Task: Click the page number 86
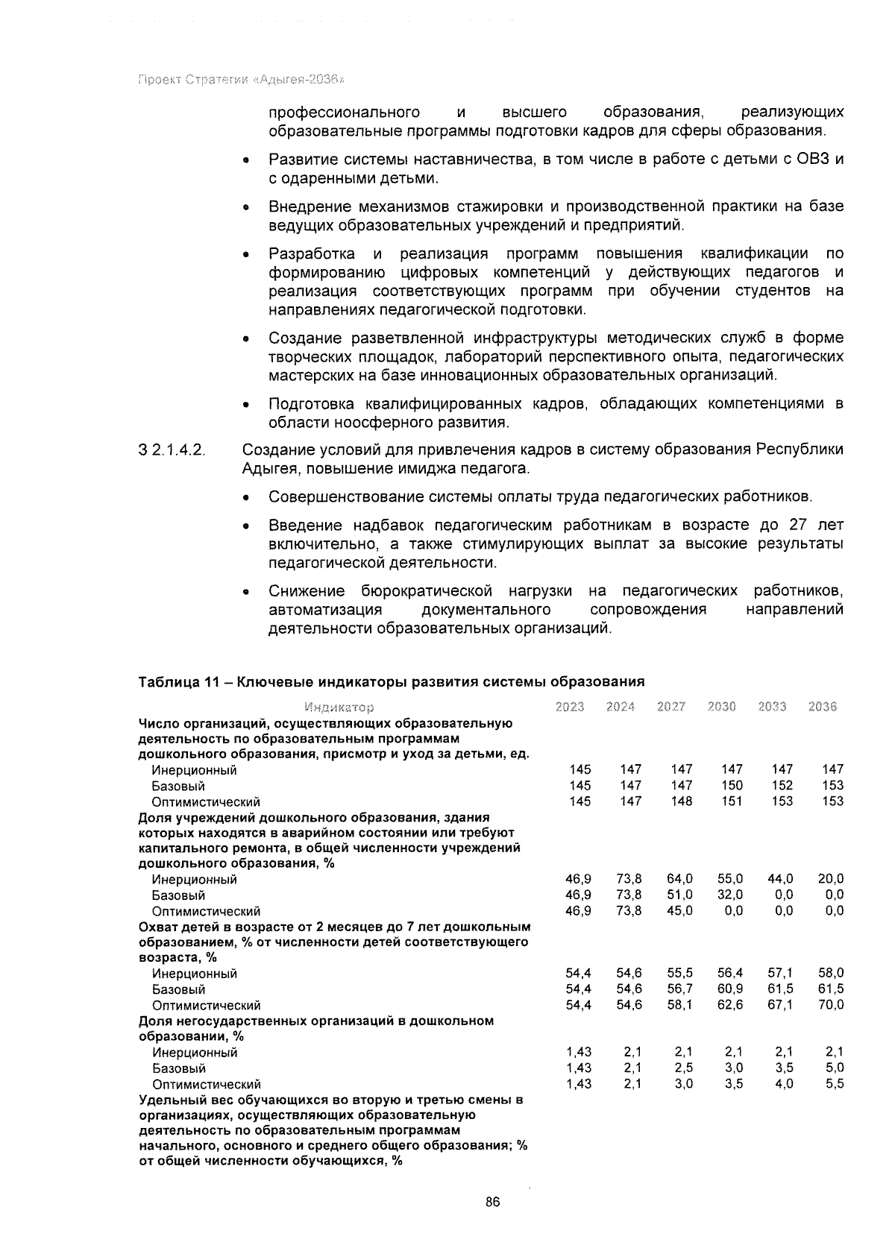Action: tap(492, 1201)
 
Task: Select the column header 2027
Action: tap(671, 707)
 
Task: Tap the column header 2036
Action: tap(823, 707)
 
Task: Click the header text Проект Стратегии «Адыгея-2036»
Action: tap(242, 80)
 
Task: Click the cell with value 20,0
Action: tap(831, 879)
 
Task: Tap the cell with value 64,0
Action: tap(679, 879)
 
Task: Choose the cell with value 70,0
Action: tap(831, 1004)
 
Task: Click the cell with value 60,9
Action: tap(730, 989)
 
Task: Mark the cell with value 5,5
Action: tap(835, 1084)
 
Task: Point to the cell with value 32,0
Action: tap(730, 895)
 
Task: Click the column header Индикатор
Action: tap(339, 707)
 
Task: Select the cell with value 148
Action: tap(682, 801)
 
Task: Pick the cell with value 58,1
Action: tap(679, 1004)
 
